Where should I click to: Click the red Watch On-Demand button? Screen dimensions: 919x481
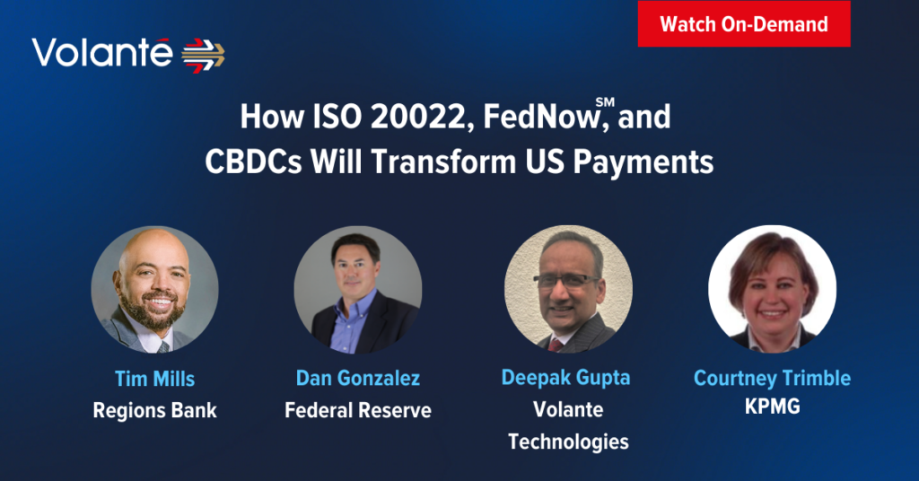(744, 24)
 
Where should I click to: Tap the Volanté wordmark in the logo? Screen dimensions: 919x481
(102, 53)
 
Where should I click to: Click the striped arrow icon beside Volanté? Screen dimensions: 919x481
(203, 56)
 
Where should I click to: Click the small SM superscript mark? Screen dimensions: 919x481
(605, 102)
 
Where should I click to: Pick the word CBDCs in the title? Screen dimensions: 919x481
(253, 162)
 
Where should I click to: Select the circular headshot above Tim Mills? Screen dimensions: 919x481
(154, 290)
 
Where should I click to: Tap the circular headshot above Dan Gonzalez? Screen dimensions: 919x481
(357, 290)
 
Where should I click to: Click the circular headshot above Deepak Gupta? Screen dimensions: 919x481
(568, 289)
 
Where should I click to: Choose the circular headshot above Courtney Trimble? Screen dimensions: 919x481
(773, 289)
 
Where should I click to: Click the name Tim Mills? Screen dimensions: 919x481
(154, 379)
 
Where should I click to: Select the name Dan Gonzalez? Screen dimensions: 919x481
(358, 378)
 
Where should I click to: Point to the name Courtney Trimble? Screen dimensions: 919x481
(773, 379)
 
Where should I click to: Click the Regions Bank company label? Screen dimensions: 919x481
(154, 411)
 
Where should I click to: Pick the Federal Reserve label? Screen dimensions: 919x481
(358, 410)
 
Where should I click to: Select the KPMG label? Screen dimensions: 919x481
(773, 406)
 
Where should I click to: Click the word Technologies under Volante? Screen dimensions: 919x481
(568, 442)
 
